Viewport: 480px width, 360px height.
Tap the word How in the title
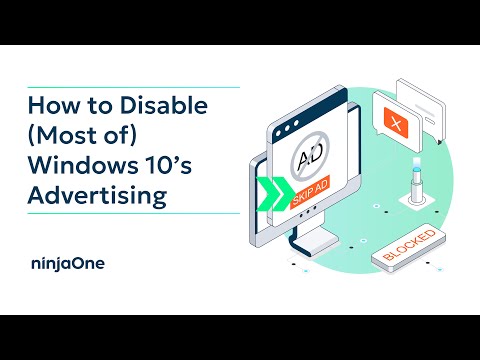pyautogui.click(x=50, y=106)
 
